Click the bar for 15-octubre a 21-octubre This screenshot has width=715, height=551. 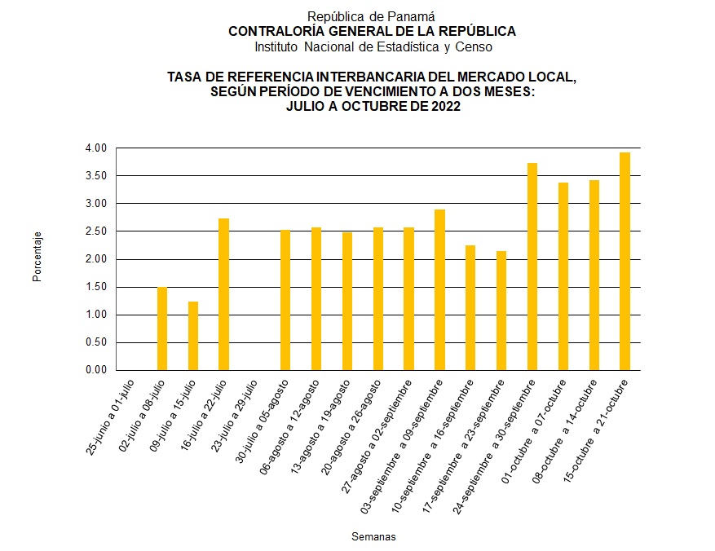pyautogui.click(x=625, y=261)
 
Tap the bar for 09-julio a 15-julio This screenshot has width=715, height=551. pyautogui.click(x=193, y=336)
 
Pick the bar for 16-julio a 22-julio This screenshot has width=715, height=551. pyautogui.click(x=223, y=294)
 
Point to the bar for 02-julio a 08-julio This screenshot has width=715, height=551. pyautogui.click(x=162, y=328)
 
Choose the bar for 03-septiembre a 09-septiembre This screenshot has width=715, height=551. pyautogui.click(x=439, y=289)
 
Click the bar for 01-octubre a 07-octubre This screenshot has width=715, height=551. pyautogui.click(x=563, y=276)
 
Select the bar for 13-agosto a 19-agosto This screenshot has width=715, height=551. pyautogui.click(x=347, y=301)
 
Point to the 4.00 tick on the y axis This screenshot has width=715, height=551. pyautogui.click(x=95, y=148)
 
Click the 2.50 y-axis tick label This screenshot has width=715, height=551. pyautogui.click(x=95, y=231)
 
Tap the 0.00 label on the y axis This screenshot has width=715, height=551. pyautogui.click(x=95, y=370)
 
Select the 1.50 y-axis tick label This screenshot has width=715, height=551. pyautogui.click(x=95, y=287)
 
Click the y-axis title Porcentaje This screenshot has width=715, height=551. pyautogui.click(x=38, y=258)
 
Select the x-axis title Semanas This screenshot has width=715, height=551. pyautogui.click(x=374, y=536)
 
